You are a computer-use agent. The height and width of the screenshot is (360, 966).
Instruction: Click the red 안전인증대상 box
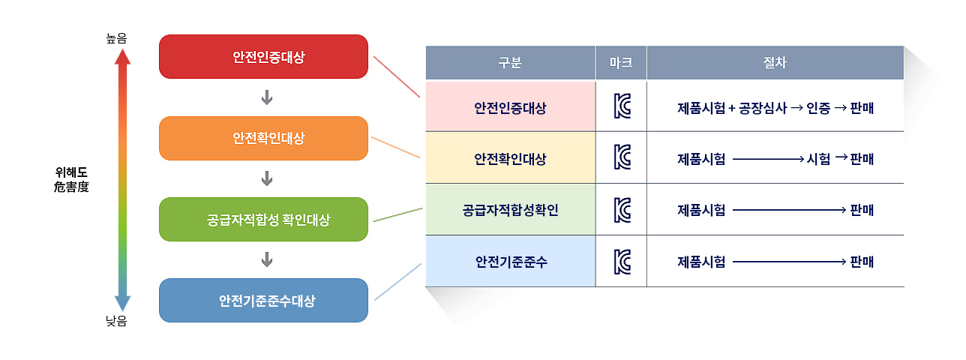pos(263,56)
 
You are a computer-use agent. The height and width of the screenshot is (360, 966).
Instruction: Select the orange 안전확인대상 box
pos(263,138)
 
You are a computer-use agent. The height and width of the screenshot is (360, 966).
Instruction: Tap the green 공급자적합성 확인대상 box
pos(263,220)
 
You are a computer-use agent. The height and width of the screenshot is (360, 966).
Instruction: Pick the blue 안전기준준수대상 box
pos(263,301)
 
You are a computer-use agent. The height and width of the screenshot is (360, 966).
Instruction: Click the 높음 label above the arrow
pos(116,38)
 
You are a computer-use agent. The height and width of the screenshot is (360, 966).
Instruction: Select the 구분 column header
pos(510,63)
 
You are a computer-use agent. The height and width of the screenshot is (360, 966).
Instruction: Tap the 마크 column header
pos(621,63)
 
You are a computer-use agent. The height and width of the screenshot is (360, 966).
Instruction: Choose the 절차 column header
pos(775,63)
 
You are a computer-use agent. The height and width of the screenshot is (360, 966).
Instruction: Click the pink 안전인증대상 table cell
pos(510,107)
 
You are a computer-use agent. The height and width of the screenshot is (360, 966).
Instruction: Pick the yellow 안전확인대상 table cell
pos(510,158)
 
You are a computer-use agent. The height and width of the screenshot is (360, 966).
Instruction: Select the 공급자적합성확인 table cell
pos(510,210)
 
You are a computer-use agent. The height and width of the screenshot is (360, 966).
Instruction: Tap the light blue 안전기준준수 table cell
pos(510,262)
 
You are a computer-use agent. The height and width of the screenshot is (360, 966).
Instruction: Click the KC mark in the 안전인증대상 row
pos(621,107)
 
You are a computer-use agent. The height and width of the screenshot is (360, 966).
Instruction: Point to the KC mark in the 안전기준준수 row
pos(621,262)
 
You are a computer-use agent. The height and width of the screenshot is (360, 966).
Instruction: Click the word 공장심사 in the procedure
pos(763,107)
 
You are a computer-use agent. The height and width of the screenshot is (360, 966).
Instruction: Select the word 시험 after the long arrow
pos(818,159)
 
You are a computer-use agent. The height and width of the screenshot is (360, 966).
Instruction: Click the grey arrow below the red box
pos(266,97)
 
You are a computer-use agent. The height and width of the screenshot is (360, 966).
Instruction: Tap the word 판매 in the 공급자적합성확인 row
pos(862,210)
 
